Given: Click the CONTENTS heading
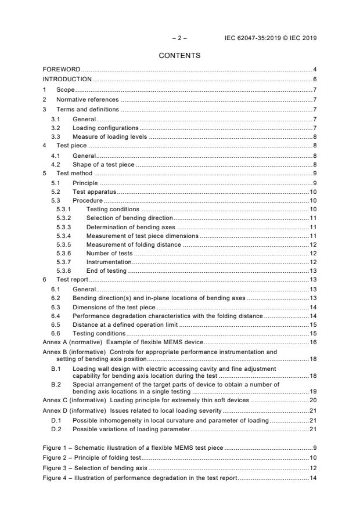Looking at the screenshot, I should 180,56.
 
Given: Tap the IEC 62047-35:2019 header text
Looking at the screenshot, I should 271,38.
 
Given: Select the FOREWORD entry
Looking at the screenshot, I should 62,70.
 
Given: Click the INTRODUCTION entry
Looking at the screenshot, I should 67,79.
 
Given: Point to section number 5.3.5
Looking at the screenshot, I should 64,244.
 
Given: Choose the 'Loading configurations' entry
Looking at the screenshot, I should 105,127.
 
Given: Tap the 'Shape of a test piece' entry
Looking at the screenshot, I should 103,164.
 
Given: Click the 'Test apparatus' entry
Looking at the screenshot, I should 94,192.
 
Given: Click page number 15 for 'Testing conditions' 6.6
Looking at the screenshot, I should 312,333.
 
